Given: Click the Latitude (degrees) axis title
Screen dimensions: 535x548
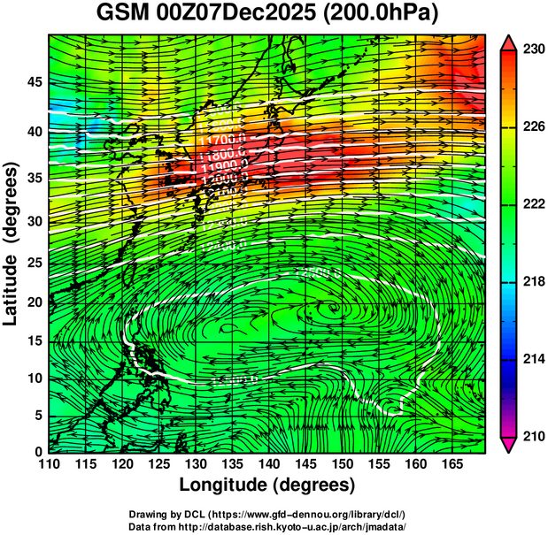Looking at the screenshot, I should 12,244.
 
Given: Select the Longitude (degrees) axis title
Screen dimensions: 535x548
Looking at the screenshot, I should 267,485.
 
